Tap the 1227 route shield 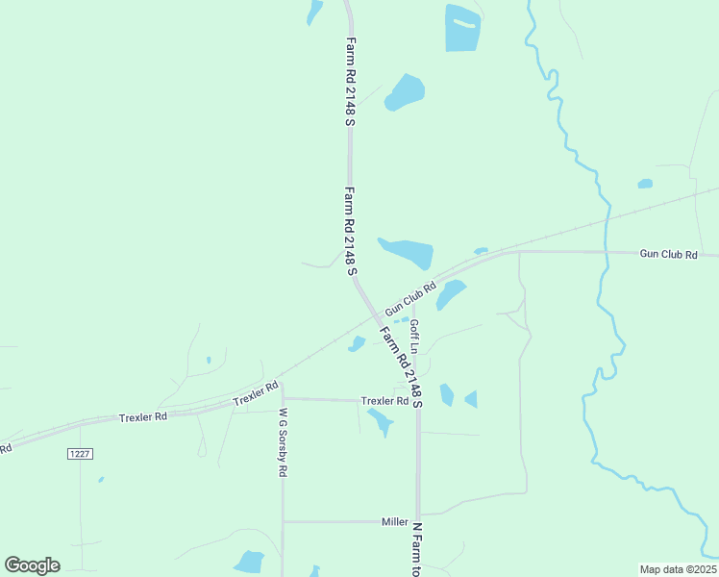(x=80, y=453)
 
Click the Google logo (x=32, y=565)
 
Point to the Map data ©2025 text (x=678, y=568)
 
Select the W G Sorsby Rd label (x=284, y=443)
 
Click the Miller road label (x=394, y=522)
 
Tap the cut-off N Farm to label (x=417, y=549)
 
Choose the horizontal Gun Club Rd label (x=668, y=254)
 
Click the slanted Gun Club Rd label (x=410, y=298)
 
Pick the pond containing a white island (x=462, y=28)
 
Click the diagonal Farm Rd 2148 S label (x=400, y=365)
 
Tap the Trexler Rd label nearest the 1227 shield (x=143, y=417)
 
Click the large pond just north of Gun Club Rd (x=408, y=252)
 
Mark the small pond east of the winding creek (x=645, y=184)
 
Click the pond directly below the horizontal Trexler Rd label (x=380, y=420)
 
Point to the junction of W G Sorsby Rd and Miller (x=283, y=522)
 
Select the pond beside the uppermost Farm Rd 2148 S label (x=405, y=91)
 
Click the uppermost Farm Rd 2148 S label (x=351, y=82)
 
